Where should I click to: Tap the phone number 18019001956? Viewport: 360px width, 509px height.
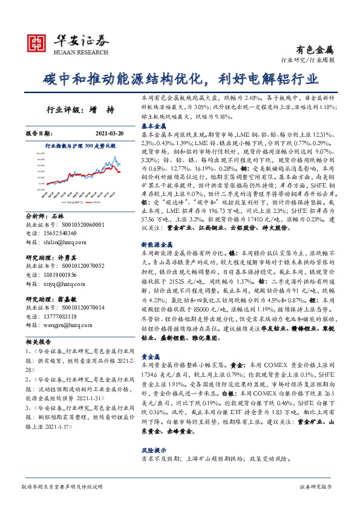coord(59,274)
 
